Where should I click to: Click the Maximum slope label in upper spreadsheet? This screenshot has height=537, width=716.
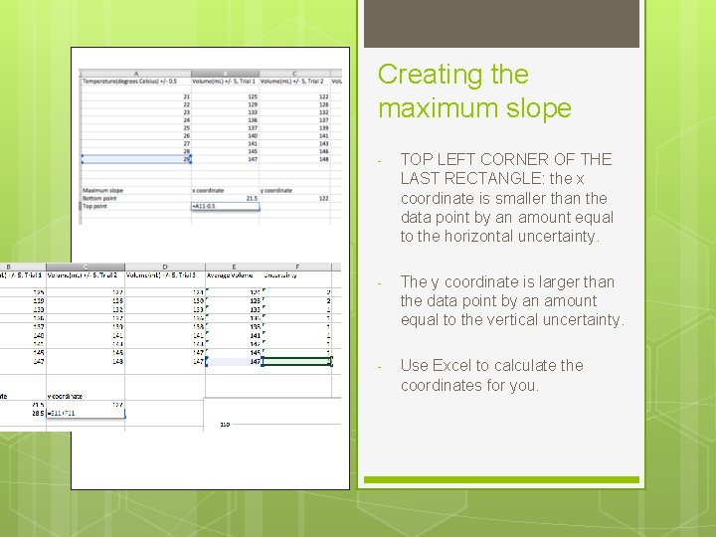click(x=103, y=190)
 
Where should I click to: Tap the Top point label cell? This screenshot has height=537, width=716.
click(x=96, y=206)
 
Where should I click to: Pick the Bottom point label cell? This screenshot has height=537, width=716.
click(x=100, y=198)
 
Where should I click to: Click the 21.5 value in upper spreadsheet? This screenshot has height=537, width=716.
click(x=252, y=198)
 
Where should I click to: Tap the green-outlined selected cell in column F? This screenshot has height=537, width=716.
click(x=298, y=362)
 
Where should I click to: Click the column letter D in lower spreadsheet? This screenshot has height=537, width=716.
click(x=164, y=267)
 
